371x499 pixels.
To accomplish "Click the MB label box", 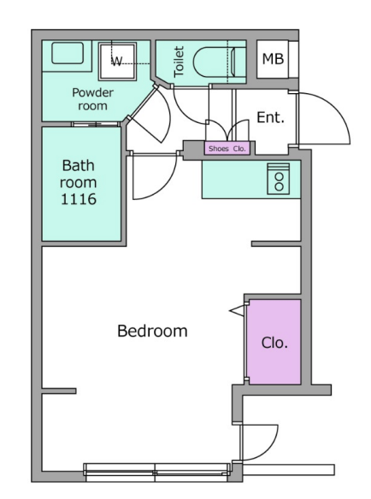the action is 273,59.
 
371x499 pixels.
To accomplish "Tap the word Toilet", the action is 179,62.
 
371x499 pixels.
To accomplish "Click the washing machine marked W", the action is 117,62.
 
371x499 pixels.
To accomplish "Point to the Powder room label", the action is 92,99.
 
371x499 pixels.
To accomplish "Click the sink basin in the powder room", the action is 68,53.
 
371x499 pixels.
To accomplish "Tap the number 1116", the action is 79,199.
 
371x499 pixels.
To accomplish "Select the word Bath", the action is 79,166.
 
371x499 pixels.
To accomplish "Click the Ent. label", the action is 270,117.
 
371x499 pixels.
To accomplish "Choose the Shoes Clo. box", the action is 227,149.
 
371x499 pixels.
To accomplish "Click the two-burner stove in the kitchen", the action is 279,179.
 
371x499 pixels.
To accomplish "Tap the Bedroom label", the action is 152,331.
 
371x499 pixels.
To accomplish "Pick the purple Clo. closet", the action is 274,342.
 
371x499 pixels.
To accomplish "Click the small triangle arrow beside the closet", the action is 238,311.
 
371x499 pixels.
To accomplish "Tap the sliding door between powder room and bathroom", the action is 96,124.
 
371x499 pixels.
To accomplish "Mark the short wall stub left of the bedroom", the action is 59,390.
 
